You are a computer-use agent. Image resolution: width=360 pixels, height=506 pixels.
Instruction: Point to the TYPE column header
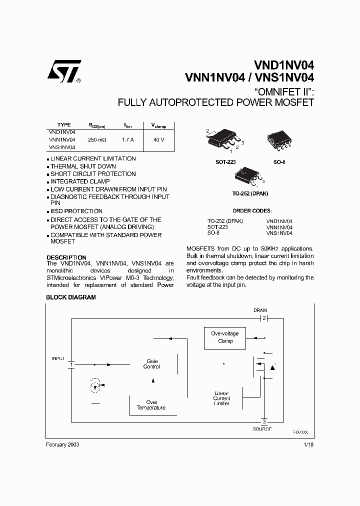pyautogui.click(x=64, y=124)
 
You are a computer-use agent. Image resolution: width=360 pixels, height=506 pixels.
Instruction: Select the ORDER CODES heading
pyautogui.click(x=252, y=210)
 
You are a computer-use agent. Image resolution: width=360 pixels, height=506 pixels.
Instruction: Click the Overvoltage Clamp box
pyautogui.click(x=224, y=337)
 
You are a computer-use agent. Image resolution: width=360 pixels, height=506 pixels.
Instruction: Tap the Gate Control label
pyautogui.click(x=151, y=363)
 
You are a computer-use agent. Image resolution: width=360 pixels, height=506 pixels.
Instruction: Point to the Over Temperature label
pyautogui.click(x=151, y=405)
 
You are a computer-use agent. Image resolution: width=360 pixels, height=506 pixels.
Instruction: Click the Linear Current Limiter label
pyautogui.click(x=221, y=398)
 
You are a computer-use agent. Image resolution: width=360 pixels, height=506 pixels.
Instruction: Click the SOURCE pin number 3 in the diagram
pyautogui.click(x=264, y=421)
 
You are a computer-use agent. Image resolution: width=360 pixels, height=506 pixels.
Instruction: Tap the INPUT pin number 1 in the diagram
pyautogui.click(x=71, y=364)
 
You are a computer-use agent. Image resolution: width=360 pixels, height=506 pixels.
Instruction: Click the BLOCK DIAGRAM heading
pyautogui.click(x=70, y=297)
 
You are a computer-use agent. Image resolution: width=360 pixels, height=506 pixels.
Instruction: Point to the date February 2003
pyautogui.click(x=62, y=444)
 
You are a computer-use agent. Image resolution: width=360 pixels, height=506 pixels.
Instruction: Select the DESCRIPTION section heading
pyautogui.click(x=66, y=257)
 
